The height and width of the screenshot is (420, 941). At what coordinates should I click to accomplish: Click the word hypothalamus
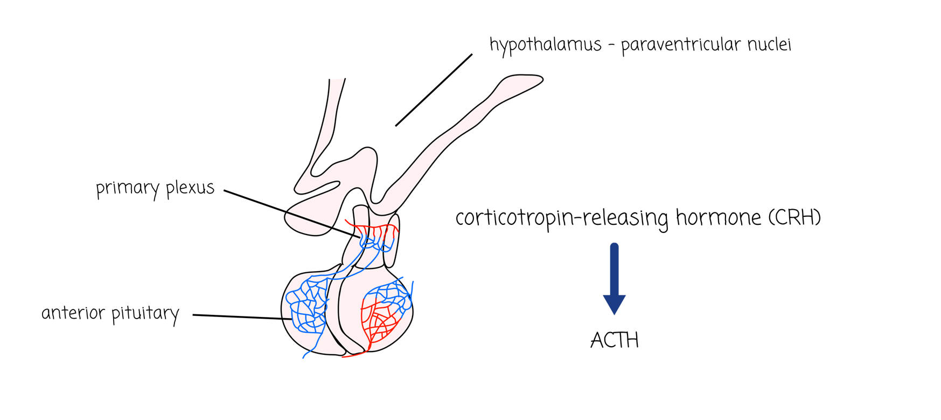point(545,45)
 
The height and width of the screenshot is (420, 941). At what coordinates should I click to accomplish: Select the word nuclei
point(769,44)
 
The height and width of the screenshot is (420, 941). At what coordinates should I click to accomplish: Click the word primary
point(127,189)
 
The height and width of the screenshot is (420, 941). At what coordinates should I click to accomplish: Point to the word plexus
point(190,188)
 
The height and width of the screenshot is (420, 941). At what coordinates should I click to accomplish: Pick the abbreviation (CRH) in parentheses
point(794,217)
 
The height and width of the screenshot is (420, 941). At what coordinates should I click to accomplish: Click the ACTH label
point(614,341)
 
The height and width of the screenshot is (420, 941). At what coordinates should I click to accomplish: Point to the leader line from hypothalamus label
point(434,90)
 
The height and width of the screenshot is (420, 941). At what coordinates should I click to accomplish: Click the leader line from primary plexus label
point(291,214)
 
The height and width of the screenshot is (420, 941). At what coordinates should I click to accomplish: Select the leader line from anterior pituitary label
point(242,317)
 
